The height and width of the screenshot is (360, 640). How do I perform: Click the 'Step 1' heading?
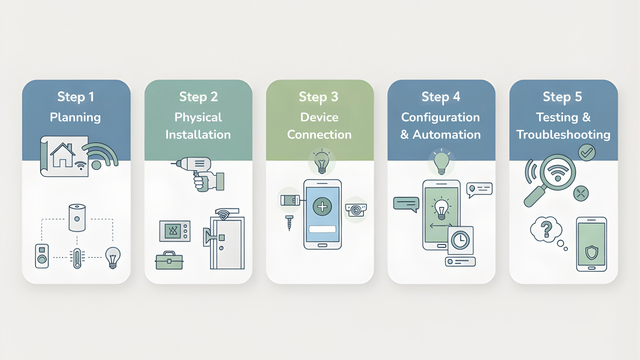(76, 97)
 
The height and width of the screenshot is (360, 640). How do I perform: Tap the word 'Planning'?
(75, 117)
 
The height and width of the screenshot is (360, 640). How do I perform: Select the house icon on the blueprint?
(62, 155)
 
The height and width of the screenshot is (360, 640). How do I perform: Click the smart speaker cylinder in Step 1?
(77, 218)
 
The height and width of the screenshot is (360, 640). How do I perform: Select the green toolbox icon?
(169, 261)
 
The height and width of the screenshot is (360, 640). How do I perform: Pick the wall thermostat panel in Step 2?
(175, 231)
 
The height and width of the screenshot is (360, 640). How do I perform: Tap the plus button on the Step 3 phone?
(322, 207)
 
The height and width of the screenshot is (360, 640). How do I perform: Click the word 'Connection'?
(319, 135)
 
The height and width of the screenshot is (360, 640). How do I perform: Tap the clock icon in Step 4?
(460, 240)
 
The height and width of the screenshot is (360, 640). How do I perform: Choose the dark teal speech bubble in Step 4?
(406, 204)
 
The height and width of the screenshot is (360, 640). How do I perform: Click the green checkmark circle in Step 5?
(587, 153)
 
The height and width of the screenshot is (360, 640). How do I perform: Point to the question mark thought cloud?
(546, 229)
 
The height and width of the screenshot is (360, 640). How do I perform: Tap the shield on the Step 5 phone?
(592, 253)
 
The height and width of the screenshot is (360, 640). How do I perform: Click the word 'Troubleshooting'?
(563, 135)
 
